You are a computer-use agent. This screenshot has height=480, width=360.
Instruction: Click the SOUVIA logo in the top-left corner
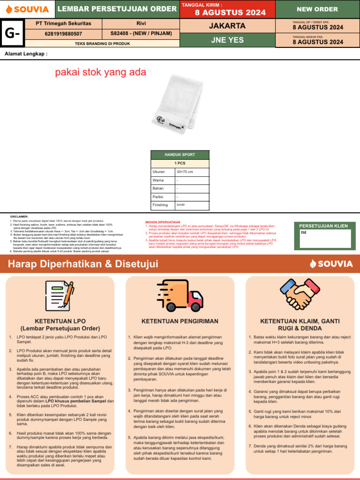click(27, 9)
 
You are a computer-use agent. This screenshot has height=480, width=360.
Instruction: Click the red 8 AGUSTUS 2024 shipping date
click(227, 12)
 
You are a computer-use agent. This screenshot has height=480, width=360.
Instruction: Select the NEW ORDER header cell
click(317, 9)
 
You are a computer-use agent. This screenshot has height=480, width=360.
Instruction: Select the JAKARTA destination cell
click(227, 25)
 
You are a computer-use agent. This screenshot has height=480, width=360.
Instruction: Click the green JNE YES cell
click(227, 40)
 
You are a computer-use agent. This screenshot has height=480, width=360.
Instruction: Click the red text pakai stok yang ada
click(101, 72)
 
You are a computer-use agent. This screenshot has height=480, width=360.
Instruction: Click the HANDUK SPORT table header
click(180, 154)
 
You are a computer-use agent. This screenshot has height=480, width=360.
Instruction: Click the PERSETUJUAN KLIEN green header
click(323, 225)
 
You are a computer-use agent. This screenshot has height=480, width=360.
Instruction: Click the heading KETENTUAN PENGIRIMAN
click(180, 321)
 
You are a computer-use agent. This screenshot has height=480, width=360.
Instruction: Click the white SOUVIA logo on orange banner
click(331, 263)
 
